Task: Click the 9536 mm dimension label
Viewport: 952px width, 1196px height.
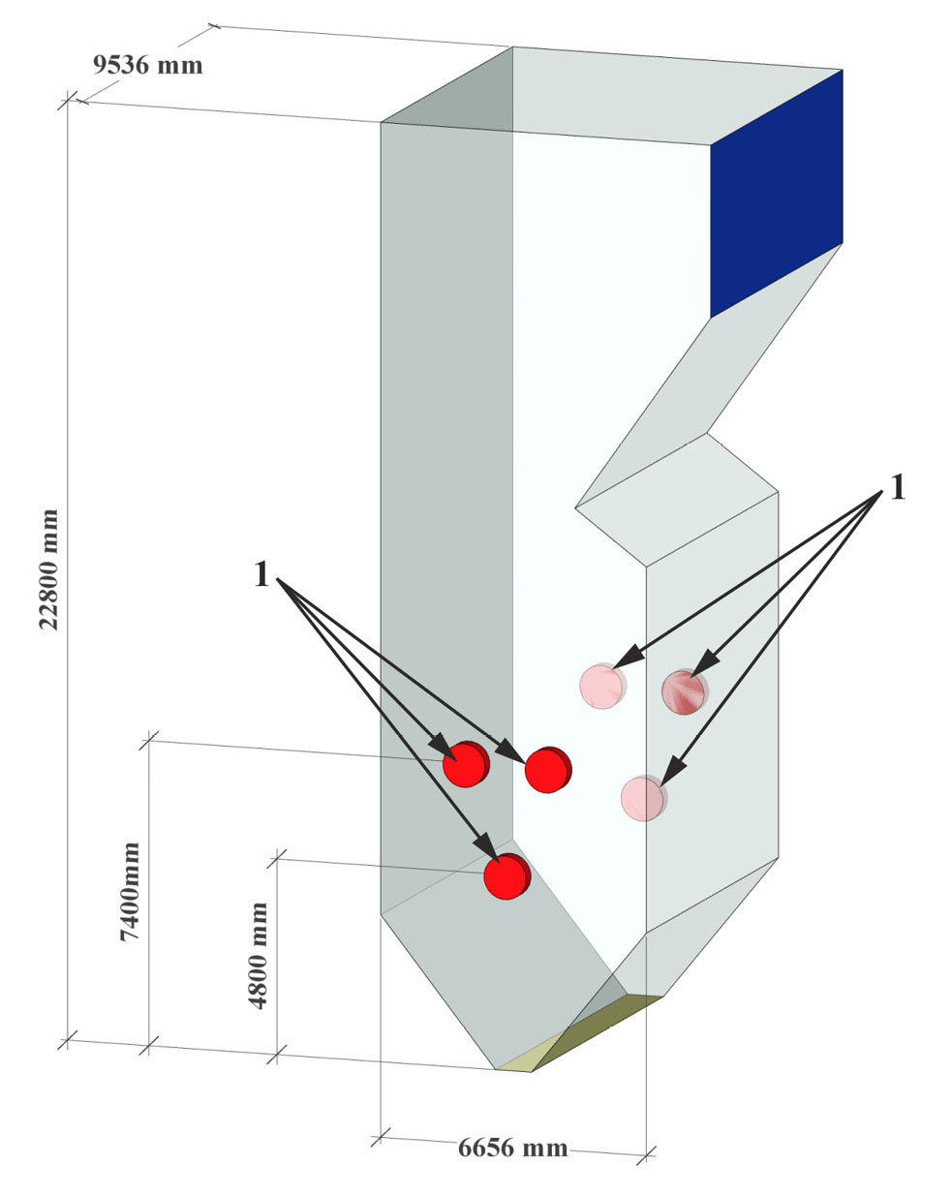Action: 147,65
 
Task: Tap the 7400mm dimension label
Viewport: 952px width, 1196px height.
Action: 129,892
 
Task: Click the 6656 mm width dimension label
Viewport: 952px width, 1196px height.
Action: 512,1149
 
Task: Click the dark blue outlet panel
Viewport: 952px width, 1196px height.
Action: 777,194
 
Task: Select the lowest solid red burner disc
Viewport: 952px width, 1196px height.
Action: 506,877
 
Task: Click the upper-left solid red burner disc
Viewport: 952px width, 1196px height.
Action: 465,765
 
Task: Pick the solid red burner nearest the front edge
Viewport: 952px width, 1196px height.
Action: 547,770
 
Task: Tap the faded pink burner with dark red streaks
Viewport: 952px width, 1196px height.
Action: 684,691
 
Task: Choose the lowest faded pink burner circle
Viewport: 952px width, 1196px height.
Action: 642,798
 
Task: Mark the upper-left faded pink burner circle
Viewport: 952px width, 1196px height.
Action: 601,686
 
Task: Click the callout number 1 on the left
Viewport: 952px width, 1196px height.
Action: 261,575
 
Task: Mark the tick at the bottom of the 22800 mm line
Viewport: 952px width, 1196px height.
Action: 66,1042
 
